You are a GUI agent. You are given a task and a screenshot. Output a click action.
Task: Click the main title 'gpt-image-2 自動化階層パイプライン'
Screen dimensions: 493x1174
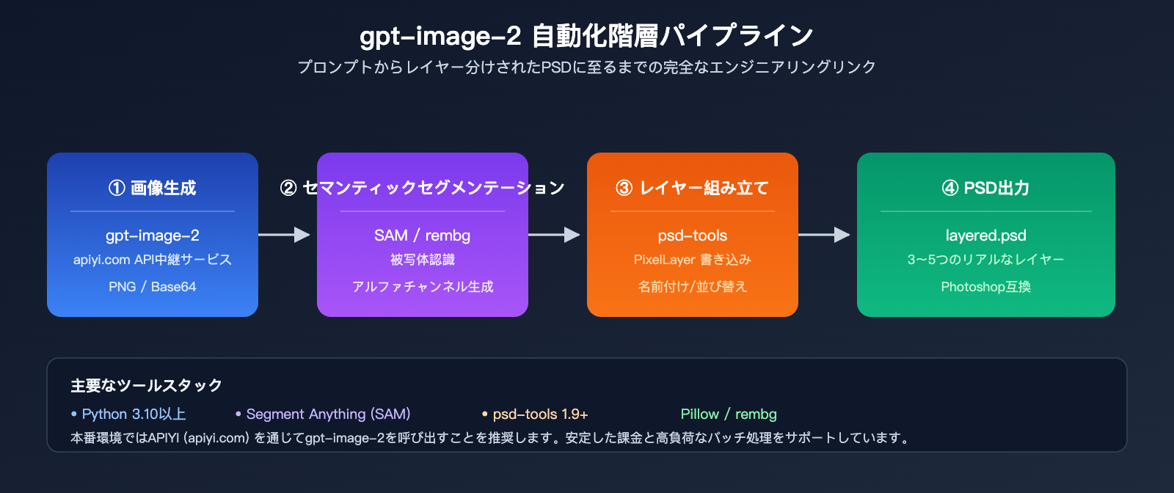coord(586,35)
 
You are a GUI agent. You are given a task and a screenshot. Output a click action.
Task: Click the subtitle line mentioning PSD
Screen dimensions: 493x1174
coord(586,67)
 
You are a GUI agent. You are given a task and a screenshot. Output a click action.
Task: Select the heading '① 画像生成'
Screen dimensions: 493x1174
coord(153,189)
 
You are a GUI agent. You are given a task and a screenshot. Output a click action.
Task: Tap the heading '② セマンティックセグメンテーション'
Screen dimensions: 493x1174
coord(422,189)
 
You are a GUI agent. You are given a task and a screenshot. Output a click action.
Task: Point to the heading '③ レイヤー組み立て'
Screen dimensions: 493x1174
coord(692,189)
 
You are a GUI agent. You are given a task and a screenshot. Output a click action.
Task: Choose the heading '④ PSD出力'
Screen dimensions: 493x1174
coord(985,189)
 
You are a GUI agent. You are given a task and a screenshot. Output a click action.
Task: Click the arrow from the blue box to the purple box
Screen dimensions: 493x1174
coord(285,235)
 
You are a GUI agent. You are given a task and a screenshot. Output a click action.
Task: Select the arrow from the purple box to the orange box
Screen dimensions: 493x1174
coord(555,235)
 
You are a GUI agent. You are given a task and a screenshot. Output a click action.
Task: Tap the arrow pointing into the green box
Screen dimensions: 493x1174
coord(825,235)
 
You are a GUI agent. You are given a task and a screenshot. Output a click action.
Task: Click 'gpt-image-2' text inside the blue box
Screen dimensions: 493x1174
coord(153,235)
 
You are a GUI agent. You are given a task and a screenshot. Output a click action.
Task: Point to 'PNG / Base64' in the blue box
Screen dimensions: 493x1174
coord(153,287)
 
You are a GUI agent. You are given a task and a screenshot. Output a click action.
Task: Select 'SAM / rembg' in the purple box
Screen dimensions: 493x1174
coord(422,235)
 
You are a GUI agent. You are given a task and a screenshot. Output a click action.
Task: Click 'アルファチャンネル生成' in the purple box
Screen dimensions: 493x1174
coord(422,287)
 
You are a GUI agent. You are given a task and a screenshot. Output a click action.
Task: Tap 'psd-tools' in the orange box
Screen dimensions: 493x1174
coord(692,235)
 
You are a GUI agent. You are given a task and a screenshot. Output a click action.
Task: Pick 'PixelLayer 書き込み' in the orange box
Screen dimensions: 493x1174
coord(692,260)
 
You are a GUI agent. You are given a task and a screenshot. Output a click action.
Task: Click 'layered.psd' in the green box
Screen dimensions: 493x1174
coord(985,235)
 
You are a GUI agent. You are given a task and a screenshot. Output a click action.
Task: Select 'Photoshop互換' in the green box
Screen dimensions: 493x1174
coord(985,287)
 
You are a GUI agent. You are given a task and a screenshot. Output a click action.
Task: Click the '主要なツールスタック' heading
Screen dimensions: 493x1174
coord(146,385)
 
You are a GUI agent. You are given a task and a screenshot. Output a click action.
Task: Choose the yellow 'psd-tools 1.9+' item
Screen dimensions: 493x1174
coord(540,415)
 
